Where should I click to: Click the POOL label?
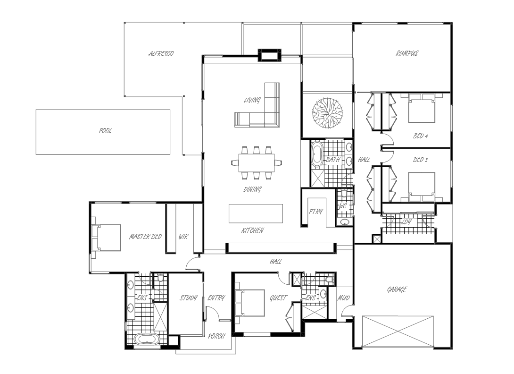point(105,131)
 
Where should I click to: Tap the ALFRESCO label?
point(161,53)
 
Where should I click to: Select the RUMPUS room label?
point(407,53)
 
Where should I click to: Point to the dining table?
point(257,163)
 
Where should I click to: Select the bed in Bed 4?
point(422,108)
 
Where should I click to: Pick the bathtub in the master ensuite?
point(147,339)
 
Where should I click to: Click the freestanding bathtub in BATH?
point(317,153)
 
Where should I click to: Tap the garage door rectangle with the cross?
point(398,331)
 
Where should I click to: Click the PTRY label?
point(315,212)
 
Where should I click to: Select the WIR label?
point(183,237)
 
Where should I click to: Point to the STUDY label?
point(189,298)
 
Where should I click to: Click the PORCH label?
point(216,336)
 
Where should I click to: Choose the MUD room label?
point(344,298)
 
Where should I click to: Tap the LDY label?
point(406,222)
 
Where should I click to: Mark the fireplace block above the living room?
point(269,55)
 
